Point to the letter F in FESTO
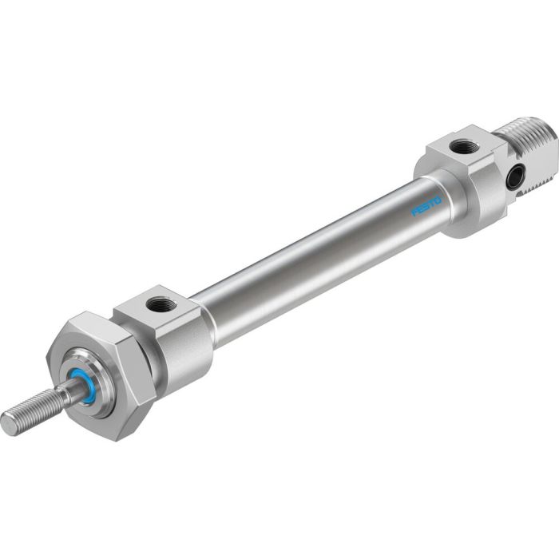414,214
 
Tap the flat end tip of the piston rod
8,425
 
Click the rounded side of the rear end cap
475,216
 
